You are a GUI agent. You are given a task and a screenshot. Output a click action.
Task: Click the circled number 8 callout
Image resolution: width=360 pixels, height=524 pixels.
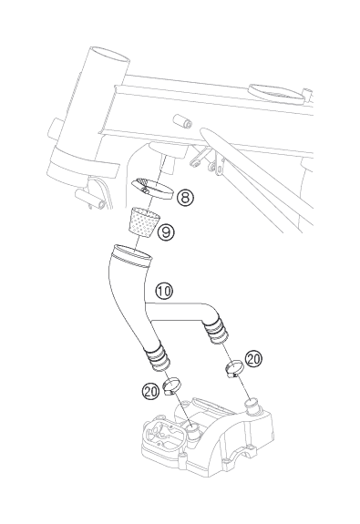[x=185, y=198]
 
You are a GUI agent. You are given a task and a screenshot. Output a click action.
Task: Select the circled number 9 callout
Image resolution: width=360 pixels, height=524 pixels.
[x=166, y=231]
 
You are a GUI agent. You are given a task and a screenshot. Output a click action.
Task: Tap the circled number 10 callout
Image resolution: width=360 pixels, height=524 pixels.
[x=164, y=291]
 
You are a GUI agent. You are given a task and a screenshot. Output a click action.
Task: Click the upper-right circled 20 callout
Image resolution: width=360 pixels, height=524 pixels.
[x=253, y=359]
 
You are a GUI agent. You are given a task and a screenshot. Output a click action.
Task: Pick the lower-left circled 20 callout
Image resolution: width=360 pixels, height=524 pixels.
[x=150, y=391]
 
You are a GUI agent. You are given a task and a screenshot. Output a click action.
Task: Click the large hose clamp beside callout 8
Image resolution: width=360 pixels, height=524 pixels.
[x=152, y=189]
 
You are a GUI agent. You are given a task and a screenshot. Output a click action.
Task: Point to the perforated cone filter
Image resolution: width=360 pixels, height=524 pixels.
[x=142, y=221]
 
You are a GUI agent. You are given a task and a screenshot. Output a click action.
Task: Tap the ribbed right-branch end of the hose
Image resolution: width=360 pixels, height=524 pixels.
[x=216, y=330]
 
